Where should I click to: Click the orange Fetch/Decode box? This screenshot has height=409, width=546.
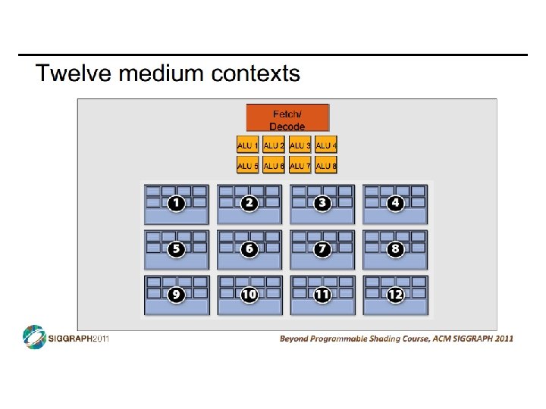coord(287,117)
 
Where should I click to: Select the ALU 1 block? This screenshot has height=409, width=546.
coord(248,145)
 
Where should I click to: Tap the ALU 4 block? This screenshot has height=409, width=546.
coord(326,145)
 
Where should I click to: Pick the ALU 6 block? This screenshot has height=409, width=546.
coord(274,165)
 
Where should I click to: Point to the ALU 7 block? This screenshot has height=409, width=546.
coord(300,165)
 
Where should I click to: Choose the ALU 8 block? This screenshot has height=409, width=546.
coord(326,165)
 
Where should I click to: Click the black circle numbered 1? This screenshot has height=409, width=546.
coord(177,203)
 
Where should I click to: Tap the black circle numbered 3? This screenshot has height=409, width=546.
coord(322,203)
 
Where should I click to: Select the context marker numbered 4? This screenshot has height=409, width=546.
coord(395,203)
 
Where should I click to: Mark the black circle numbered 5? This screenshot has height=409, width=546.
coord(177,248)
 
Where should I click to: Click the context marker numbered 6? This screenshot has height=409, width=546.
coord(249,248)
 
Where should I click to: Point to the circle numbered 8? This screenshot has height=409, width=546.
coord(395,248)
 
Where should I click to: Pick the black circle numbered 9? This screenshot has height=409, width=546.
coord(177,295)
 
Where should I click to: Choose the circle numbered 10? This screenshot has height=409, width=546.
coord(249,295)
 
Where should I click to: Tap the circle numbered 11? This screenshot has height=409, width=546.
coord(322,295)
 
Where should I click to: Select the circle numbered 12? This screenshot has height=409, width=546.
coord(395,295)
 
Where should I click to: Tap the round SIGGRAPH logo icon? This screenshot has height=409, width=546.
coord(34,337)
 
